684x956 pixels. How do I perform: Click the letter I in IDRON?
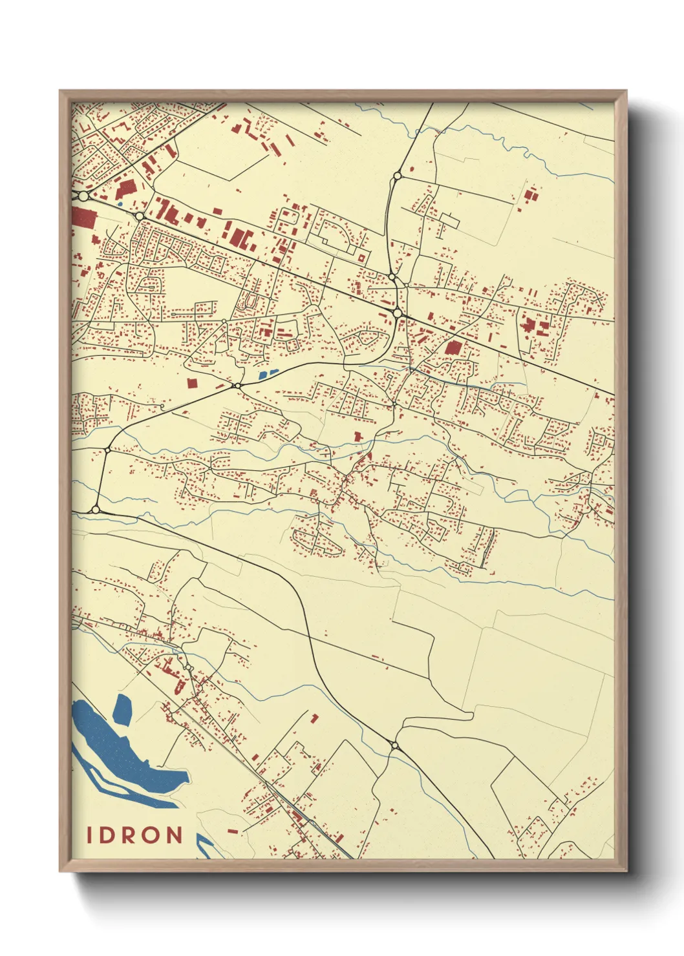click(91, 835)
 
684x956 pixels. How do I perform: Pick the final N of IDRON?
click(175, 835)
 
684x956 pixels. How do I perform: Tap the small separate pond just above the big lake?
click(122, 709)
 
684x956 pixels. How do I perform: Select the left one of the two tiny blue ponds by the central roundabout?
click(262, 375)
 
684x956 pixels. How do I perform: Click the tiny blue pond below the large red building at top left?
click(120, 205)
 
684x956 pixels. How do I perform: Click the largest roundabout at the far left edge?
click(83, 195)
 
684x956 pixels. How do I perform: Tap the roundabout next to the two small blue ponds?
click(237, 386)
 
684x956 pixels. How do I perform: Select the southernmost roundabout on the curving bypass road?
click(395, 746)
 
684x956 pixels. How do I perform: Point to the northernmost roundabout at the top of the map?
click(398, 175)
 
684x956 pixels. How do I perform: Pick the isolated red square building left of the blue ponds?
click(191, 383)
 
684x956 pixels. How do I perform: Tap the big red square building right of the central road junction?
click(453, 348)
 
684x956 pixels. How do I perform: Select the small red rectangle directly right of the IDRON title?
click(233, 831)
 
